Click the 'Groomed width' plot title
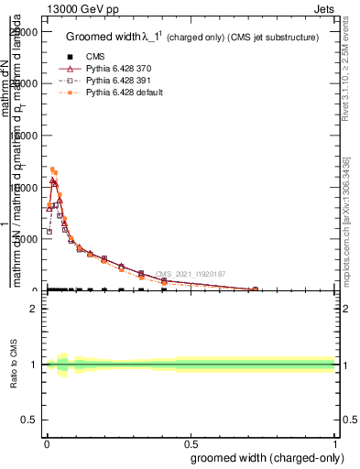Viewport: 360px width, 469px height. pyautogui.click(x=191, y=38)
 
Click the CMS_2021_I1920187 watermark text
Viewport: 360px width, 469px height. pyautogui.click(x=190, y=274)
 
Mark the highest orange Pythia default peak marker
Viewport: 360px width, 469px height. pyautogui.click(x=52, y=169)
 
